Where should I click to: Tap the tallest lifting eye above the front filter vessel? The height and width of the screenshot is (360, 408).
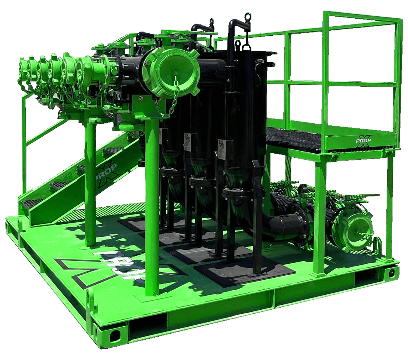tap(248, 16)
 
